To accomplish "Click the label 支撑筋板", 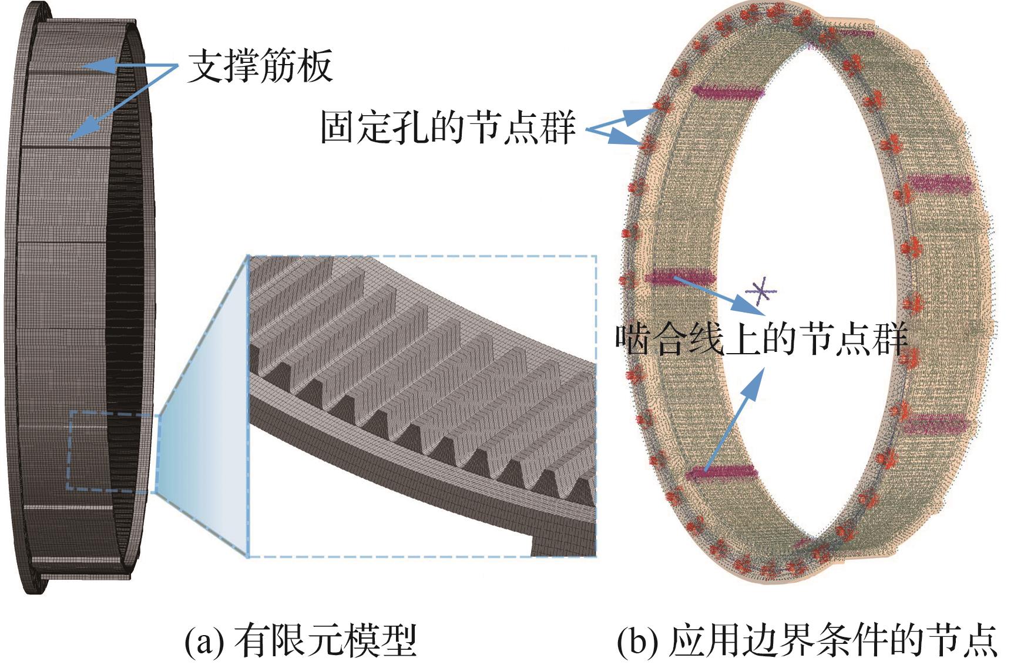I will (260, 66).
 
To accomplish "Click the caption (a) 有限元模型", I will (301, 641).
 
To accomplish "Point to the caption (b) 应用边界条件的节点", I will (807, 641).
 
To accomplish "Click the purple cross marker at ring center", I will (761, 291).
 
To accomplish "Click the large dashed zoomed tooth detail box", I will (422, 406).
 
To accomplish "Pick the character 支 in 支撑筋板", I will (206, 66).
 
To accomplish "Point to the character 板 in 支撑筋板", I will (315, 66).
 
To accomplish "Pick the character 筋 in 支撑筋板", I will (278, 66).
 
